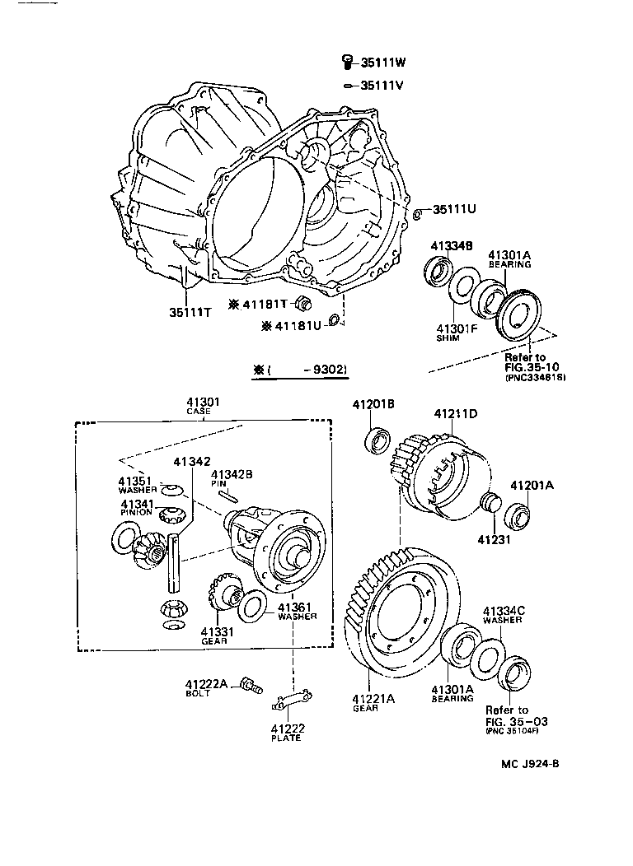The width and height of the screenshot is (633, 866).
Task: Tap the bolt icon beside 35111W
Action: (x=348, y=61)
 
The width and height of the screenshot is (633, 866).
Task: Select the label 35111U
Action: (x=455, y=209)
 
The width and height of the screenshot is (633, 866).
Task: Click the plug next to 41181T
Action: (x=302, y=300)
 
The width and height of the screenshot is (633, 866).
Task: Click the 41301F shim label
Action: (x=457, y=331)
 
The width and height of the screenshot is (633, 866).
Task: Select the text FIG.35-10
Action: (x=534, y=369)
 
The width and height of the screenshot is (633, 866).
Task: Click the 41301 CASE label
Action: (x=198, y=405)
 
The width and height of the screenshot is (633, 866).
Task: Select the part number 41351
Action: (x=133, y=481)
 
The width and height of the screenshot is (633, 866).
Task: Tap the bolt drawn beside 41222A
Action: (x=251, y=683)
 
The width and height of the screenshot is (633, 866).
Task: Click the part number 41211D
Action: (x=456, y=413)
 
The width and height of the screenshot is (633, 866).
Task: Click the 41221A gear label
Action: (x=374, y=701)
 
